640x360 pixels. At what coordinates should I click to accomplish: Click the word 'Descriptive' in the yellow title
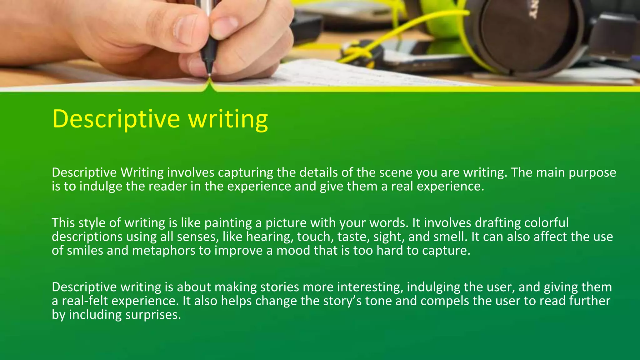[x=116, y=119]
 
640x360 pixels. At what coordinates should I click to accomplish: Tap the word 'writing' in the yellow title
[x=228, y=119]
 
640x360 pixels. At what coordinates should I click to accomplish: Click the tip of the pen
[x=209, y=75]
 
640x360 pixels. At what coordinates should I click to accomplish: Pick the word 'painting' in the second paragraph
[x=228, y=223]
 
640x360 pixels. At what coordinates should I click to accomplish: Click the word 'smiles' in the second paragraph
[x=85, y=251]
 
